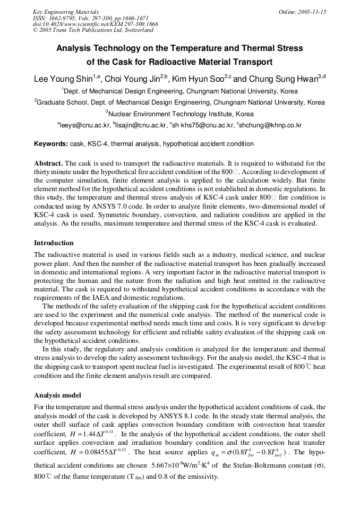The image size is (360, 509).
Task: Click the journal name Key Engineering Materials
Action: coord(65,11)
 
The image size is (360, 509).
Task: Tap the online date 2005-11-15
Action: coord(302,11)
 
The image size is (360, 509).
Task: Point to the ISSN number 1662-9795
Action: coord(62,18)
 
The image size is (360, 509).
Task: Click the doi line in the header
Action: coord(95,24)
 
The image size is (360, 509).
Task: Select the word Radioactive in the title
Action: coord(176,61)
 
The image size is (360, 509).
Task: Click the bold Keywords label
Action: coord(51,144)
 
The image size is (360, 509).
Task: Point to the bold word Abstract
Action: coord(48,163)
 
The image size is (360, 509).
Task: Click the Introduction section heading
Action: coord(54,243)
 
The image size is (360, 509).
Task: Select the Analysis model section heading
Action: coord(57,395)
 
